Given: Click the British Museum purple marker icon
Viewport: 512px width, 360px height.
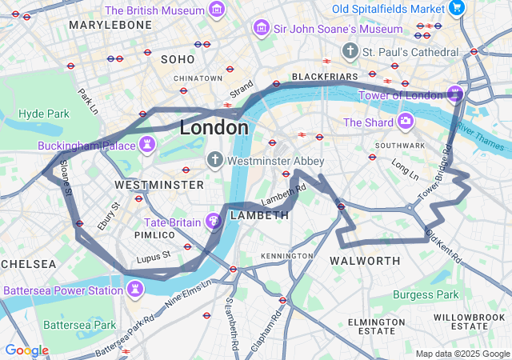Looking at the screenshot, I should point(217,10).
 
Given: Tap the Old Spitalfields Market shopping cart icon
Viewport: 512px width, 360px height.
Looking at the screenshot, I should point(457,8).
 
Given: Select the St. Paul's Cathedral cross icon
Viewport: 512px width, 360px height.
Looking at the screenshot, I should point(349,52).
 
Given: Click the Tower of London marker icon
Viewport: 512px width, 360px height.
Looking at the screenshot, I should point(454,94).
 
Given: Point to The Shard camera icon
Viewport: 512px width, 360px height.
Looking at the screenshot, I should point(406,122).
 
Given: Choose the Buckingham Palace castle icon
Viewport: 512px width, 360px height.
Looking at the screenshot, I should point(147,145).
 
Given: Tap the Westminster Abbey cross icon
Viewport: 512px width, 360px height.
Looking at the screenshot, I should point(214,160).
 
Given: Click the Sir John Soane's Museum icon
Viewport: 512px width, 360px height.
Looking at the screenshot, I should point(260,29).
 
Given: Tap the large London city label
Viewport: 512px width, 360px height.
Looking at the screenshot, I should point(214,127).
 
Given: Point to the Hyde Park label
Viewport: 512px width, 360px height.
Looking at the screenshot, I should point(43,114).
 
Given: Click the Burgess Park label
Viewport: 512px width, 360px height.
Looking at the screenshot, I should point(426,294).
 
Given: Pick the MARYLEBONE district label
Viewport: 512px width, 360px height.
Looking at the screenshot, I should point(110,26).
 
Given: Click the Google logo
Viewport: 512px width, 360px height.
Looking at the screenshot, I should point(26,350).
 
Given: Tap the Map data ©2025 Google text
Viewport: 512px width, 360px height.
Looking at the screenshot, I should point(462,354).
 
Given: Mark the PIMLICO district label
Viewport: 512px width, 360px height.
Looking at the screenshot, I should point(154,235).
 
